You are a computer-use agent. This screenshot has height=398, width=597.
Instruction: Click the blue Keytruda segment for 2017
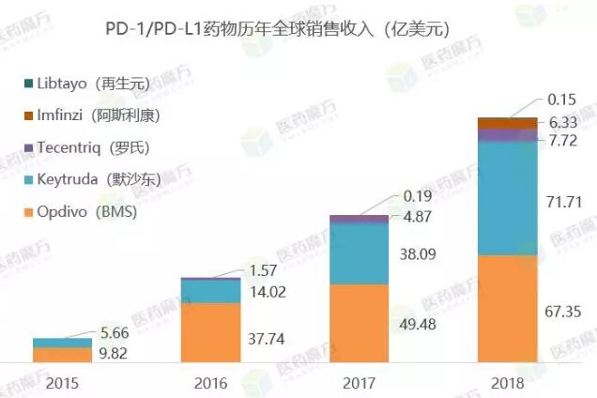(359, 253)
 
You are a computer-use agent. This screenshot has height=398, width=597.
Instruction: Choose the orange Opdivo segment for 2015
(61, 355)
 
